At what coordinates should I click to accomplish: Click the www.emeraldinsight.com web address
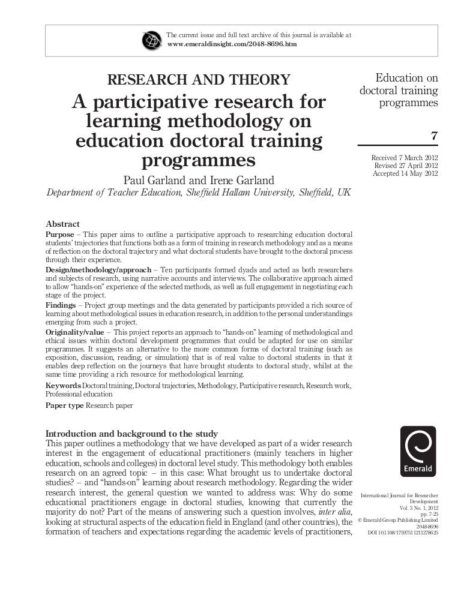(x=231, y=44)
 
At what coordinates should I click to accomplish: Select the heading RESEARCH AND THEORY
(x=198, y=79)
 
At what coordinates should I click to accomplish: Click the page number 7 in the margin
(x=435, y=136)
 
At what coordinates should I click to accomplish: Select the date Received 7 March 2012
(x=405, y=157)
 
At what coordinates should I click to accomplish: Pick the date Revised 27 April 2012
(x=406, y=166)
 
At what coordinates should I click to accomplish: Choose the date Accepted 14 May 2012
(x=405, y=174)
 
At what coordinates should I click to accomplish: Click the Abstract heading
(x=63, y=223)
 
